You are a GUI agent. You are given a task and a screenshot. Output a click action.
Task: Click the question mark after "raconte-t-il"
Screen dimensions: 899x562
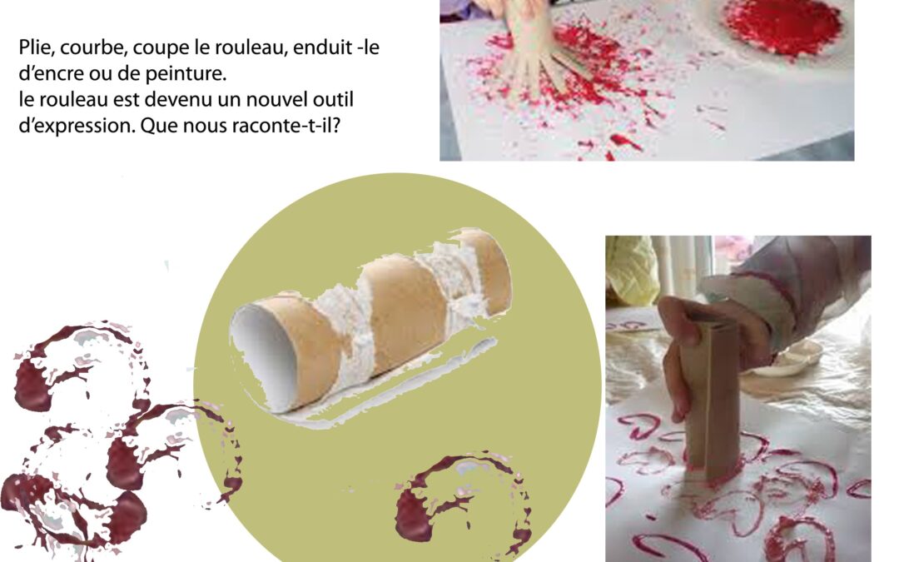[336, 125]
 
